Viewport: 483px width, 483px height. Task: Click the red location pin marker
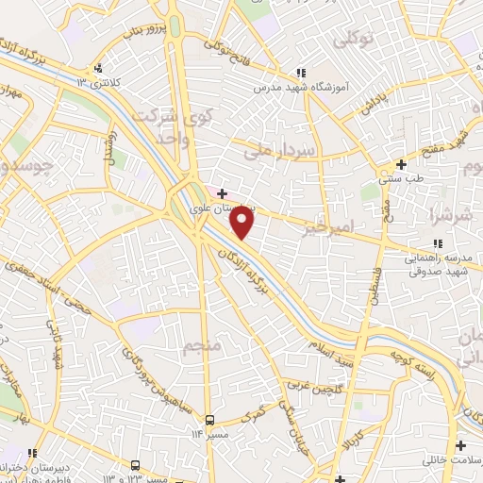click(242, 223)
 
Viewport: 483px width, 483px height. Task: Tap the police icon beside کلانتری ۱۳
click(99, 68)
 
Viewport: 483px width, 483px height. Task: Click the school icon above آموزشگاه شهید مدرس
click(301, 72)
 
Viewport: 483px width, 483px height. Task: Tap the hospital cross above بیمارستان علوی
click(222, 193)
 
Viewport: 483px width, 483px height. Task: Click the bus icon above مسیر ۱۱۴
click(210, 419)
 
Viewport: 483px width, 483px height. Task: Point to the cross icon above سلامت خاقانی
click(460, 445)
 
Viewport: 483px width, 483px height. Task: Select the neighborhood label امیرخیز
click(329, 226)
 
